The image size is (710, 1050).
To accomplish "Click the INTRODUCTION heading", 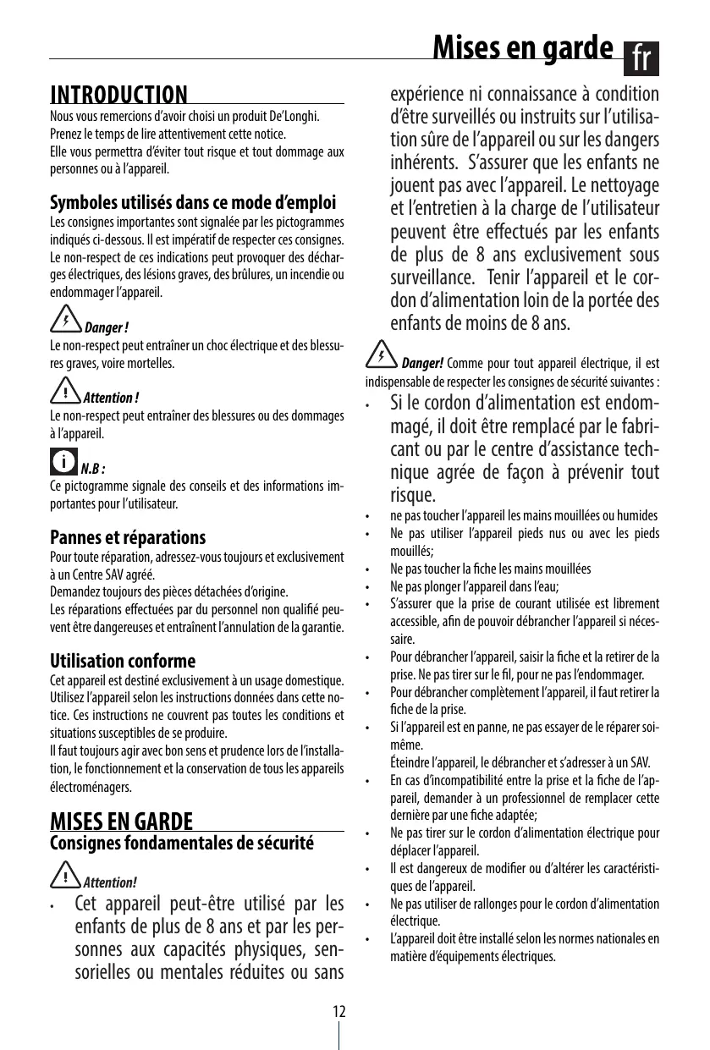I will coord(119,94).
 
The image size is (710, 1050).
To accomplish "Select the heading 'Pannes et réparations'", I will coord(128,537).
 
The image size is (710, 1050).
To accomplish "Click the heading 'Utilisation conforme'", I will coord(123,661).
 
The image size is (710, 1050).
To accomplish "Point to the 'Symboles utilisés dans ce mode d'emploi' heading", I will coord(193,204).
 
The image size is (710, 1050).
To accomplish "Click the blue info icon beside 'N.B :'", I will coord(63,463).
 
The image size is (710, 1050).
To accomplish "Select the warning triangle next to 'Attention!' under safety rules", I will coord(64,876).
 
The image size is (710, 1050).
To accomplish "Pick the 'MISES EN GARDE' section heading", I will coord(122,822).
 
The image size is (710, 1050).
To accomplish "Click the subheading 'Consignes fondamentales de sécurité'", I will coord(182,844).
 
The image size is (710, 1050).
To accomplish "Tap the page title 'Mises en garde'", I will coord(522,48).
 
